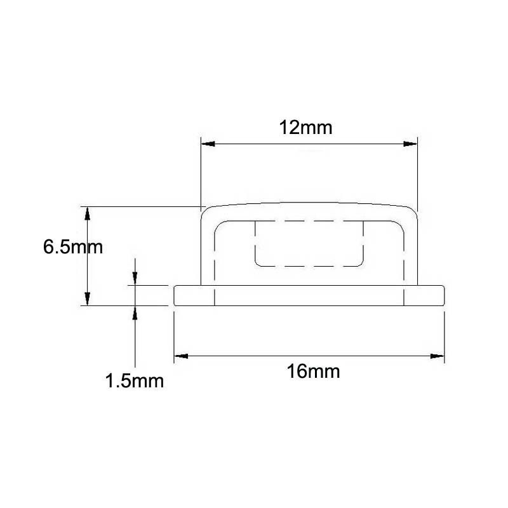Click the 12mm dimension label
305,127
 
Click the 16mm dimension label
313,371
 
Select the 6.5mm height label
72,246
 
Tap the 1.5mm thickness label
135,381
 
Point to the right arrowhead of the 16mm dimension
436,356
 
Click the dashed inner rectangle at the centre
309,243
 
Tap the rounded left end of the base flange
176,296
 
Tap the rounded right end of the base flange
442,296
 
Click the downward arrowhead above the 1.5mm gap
135,279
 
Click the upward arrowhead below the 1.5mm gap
135,313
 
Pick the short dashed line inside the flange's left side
215,296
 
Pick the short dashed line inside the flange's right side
403,296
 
